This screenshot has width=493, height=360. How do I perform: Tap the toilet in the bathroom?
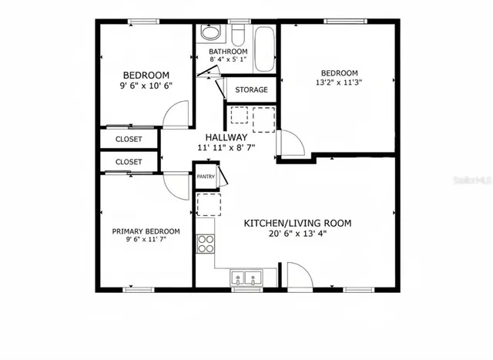pyautogui.click(x=210, y=34)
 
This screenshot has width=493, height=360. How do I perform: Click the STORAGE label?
pyautogui.click(x=251, y=90)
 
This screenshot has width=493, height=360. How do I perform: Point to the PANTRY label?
pyautogui.click(x=206, y=177)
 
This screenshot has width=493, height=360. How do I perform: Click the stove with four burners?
pyautogui.click(x=206, y=244)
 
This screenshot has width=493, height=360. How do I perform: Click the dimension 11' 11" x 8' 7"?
pyautogui.click(x=226, y=147)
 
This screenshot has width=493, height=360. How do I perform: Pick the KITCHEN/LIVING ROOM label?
pyautogui.click(x=297, y=223)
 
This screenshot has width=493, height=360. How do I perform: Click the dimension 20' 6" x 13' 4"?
pyautogui.click(x=297, y=234)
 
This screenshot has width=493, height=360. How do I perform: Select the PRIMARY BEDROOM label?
pyautogui.click(x=146, y=231)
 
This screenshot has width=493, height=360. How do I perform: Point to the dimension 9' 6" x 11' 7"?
pyautogui.click(x=146, y=241)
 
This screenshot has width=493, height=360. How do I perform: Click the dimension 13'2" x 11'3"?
pyautogui.click(x=339, y=82)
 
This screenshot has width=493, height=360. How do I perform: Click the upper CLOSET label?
pyautogui.click(x=129, y=140)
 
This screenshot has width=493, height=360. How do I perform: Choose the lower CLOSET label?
pyautogui.click(x=129, y=162)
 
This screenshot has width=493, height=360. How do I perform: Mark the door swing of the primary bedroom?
pyautogui.click(x=176, y=185)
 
